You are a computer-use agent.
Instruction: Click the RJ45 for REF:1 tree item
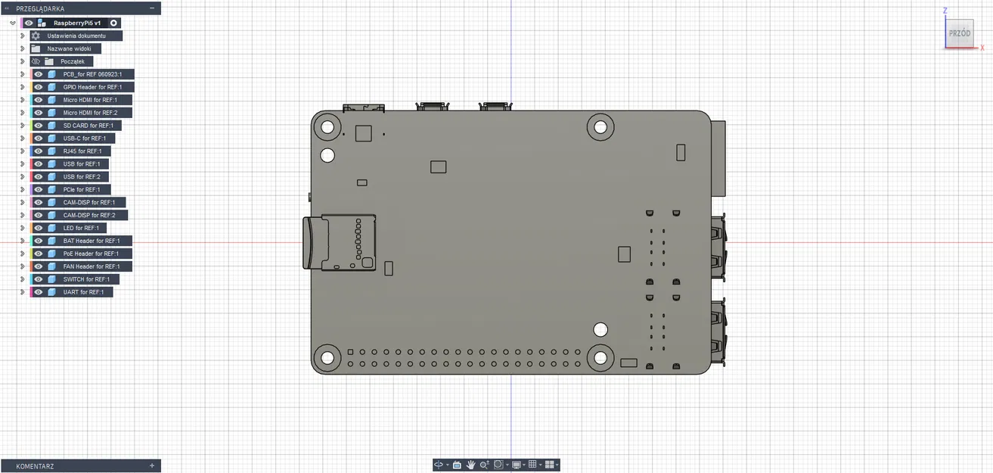pos(82,151)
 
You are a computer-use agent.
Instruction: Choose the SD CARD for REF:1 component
pos(88,126)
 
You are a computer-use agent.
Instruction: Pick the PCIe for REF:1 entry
pos(82,189)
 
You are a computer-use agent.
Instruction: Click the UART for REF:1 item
pos(83,292)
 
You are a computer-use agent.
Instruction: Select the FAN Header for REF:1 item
pos(92,266)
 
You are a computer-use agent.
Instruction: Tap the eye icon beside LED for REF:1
pos(39,228)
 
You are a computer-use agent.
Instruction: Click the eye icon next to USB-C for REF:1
pos(39,138)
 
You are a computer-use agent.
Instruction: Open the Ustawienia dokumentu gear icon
pos(36,36)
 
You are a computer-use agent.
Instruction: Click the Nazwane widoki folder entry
pos(69,48)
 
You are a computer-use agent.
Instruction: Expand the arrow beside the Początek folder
pos(23,61)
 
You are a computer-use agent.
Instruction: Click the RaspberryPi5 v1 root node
pos(76,23)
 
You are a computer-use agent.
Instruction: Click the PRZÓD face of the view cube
pos(960,34)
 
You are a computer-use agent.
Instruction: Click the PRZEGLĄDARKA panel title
pos(40,8)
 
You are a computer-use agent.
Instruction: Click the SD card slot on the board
pos(340,242)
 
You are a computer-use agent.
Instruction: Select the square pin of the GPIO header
pos(351,352)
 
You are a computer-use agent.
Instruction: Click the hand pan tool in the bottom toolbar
pos(470,465)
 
